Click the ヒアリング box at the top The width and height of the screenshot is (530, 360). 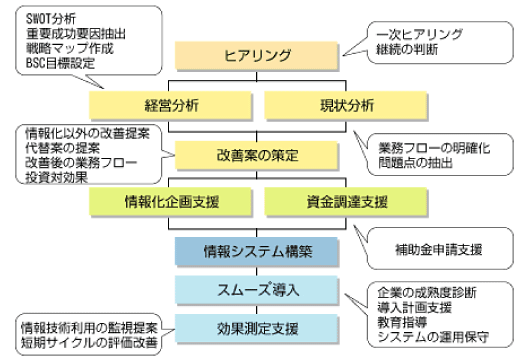pyautogui.click(x=259, y=56)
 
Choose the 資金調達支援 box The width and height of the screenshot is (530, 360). pyautogui.click(x=347, y=201)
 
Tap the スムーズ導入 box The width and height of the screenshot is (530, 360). pyautogui.click(x=259, y=290)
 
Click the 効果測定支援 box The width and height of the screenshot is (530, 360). pyautogui.click(x=259, y=327)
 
